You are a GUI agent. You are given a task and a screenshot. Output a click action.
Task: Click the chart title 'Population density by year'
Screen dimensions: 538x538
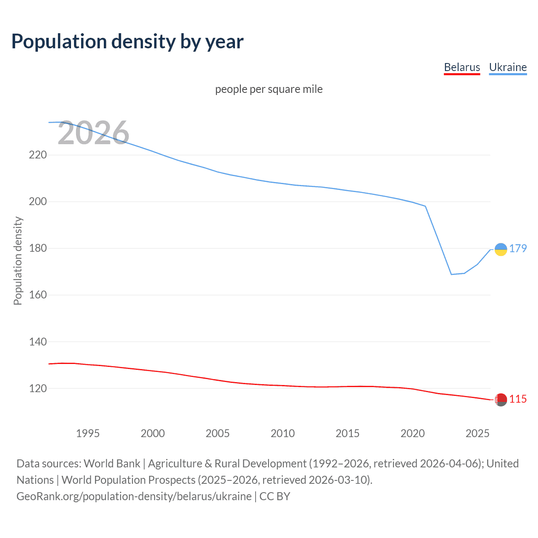tap(127, 42)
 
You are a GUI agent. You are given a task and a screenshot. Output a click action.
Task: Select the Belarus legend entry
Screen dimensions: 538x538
tap(462, 67)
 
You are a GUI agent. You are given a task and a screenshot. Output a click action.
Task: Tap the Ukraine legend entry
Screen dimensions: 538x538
tap(508, 67)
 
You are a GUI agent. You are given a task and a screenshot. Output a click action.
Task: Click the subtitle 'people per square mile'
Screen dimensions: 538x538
tap(269, 89)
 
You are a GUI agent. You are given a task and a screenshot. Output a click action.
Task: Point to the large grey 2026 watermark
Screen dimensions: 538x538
tap(93, 133)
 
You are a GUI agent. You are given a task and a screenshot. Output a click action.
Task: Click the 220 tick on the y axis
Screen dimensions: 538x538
tap(38, 155)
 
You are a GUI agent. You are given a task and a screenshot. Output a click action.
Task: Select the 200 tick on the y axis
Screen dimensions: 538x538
tap(38, 202)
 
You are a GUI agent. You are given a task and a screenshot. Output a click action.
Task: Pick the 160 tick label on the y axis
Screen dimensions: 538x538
tap(38, 295)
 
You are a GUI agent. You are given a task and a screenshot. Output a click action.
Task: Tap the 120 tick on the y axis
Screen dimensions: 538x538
tap(38, 388)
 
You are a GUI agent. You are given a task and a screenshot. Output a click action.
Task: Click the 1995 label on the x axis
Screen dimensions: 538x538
tap(87, 433)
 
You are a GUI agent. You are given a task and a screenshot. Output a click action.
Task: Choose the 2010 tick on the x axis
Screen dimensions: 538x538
tap(282, 433)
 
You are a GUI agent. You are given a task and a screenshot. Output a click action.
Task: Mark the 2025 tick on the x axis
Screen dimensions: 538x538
tap(477, 433)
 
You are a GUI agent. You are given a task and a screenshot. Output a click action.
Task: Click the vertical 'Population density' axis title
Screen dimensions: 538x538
tap(18, 261)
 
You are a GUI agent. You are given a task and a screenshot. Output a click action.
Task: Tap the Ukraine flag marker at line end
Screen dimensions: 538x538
tap(501, 249)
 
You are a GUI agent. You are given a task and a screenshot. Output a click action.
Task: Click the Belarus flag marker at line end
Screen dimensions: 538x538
tap(501, 400)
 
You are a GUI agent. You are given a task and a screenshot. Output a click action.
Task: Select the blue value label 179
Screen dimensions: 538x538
tap(518, 248)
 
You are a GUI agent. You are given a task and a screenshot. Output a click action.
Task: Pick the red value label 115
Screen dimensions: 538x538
tap(518, 399)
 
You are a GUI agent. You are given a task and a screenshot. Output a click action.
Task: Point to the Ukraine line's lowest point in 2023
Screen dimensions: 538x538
tap(451, 274)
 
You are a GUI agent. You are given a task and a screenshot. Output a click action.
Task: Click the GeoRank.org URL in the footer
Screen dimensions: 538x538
tap(134, 496)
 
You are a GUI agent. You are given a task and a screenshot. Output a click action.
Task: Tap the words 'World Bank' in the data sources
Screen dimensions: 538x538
tap(112, 464)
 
